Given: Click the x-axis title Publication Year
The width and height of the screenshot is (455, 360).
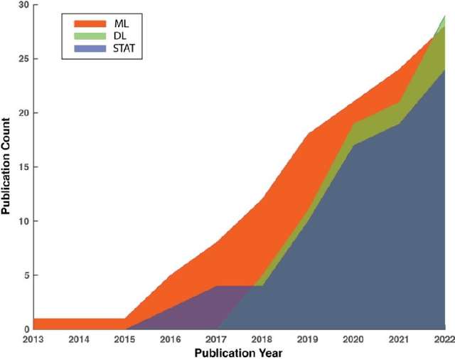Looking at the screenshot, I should click(x=239, y=353).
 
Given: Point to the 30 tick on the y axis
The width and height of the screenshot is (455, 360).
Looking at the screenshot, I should click(x=23, y=5).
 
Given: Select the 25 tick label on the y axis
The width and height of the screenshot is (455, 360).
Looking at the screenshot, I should click(x=23, y=59).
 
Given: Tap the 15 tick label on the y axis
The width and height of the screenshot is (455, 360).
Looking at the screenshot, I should click(x=23, y=167).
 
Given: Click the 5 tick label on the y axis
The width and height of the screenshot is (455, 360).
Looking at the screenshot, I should click(x=26, y=275).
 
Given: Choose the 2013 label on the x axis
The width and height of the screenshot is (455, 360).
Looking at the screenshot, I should click(x=34, y=339).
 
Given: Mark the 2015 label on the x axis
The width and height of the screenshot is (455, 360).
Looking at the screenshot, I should click(x=125, y=339).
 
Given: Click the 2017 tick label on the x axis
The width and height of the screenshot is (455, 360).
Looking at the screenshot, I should click(x=216, y=339).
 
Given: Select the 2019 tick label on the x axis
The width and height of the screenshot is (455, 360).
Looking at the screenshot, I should click(x=307, y=339).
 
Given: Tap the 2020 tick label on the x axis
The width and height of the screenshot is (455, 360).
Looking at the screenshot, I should click(x=353, y=339).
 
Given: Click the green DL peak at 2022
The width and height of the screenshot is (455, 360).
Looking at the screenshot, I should click(x=443, y=18).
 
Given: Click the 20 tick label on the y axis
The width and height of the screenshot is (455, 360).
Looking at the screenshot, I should click(x=23, y=113).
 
